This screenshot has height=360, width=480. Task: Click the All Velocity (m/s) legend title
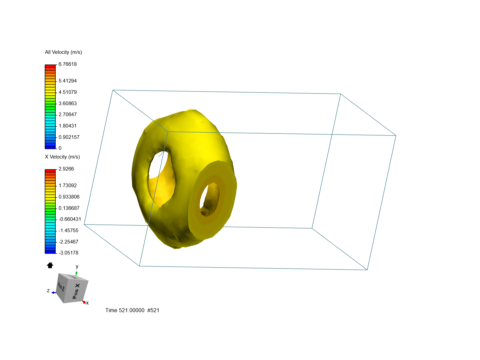click(x=63, y=52)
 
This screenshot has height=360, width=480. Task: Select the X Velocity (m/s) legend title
click(x=62, y=157)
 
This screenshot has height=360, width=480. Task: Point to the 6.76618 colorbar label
click(x=68, y=64)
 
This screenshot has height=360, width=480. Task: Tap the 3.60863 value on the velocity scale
click(x=68, y=104)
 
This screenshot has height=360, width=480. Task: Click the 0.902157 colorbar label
click(x=69, y=137)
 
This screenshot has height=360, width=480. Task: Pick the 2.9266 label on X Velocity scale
click(x=66, y=169)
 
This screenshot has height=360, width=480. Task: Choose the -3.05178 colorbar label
click(x=69, y=253)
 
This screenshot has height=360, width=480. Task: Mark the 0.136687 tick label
click(x=69, y=208)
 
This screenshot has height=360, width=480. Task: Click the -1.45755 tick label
click(x=69, y=231)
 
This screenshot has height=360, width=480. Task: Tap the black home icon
click(x=50, y=265)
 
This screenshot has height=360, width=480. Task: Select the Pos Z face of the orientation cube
click(x=61, y=286)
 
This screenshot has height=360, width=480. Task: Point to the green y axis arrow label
click(x=77, y=267)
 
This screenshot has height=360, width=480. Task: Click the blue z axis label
click(x=48, y=291)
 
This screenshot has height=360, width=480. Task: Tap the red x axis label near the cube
click(x=87, y=303)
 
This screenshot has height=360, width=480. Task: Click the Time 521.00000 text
click(x=125, y=310)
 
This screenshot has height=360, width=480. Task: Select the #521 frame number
click(x=153, y=310)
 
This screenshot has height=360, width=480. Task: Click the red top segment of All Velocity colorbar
click(x=50, y=66)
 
